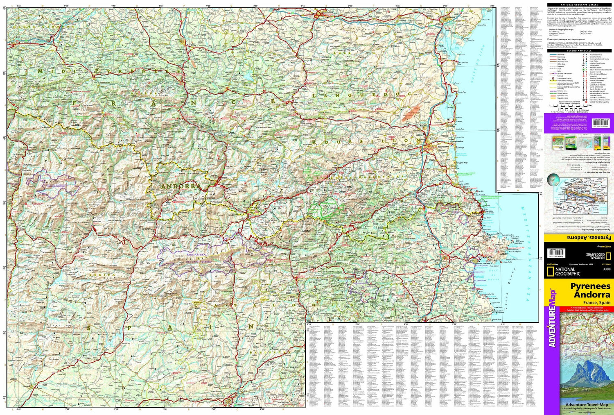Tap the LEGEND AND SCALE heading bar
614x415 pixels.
pyautogui.click(x=579, y=51)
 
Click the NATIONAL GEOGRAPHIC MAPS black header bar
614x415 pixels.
pyautogui.click(x=579, y=5)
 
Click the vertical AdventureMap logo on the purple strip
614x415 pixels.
pyautogui.click(x=552, y=320)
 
